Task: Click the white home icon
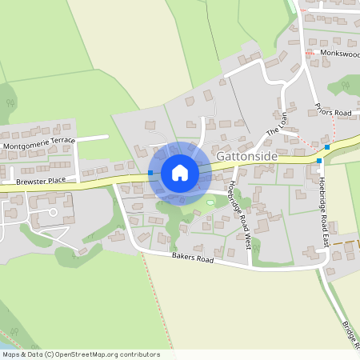[179, 173]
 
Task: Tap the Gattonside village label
[247, 157]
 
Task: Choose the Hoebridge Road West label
[240, 212]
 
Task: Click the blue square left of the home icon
[150, 173]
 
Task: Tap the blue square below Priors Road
[326, 147]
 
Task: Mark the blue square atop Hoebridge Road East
[318, 161]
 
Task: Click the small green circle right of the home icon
[210, 202]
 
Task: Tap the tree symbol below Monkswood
[345, 84]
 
